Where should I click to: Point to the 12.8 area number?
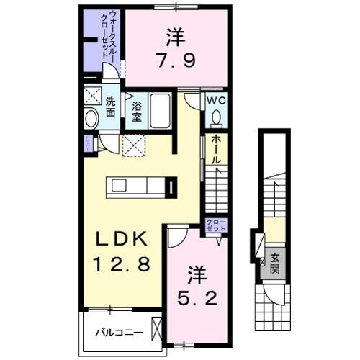click(x=120, y=265)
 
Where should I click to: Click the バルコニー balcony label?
click(x=119, y=333)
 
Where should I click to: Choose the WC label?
click(x=216, y=101)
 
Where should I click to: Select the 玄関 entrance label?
click(x=275, y=264)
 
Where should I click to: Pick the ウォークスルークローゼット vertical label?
click(x=110, y=36)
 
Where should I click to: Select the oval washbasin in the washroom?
click(x=91, y=120)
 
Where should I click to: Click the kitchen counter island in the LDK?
click(x=141, y=186)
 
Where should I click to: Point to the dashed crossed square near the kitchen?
click(x=135, y=145)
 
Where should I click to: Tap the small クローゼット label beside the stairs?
click(x=215, y=224)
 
